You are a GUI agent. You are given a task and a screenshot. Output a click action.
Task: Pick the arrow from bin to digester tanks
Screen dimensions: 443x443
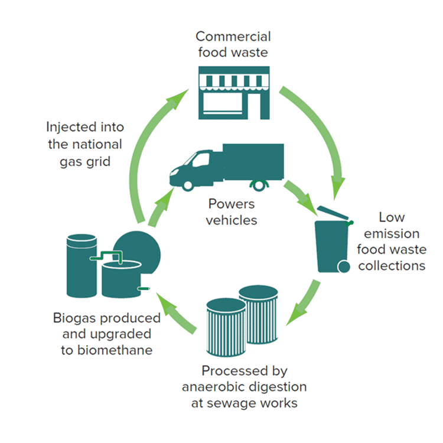[x=304, y=304]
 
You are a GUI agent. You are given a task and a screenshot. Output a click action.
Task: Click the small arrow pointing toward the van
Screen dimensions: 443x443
[x=158, y=207]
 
